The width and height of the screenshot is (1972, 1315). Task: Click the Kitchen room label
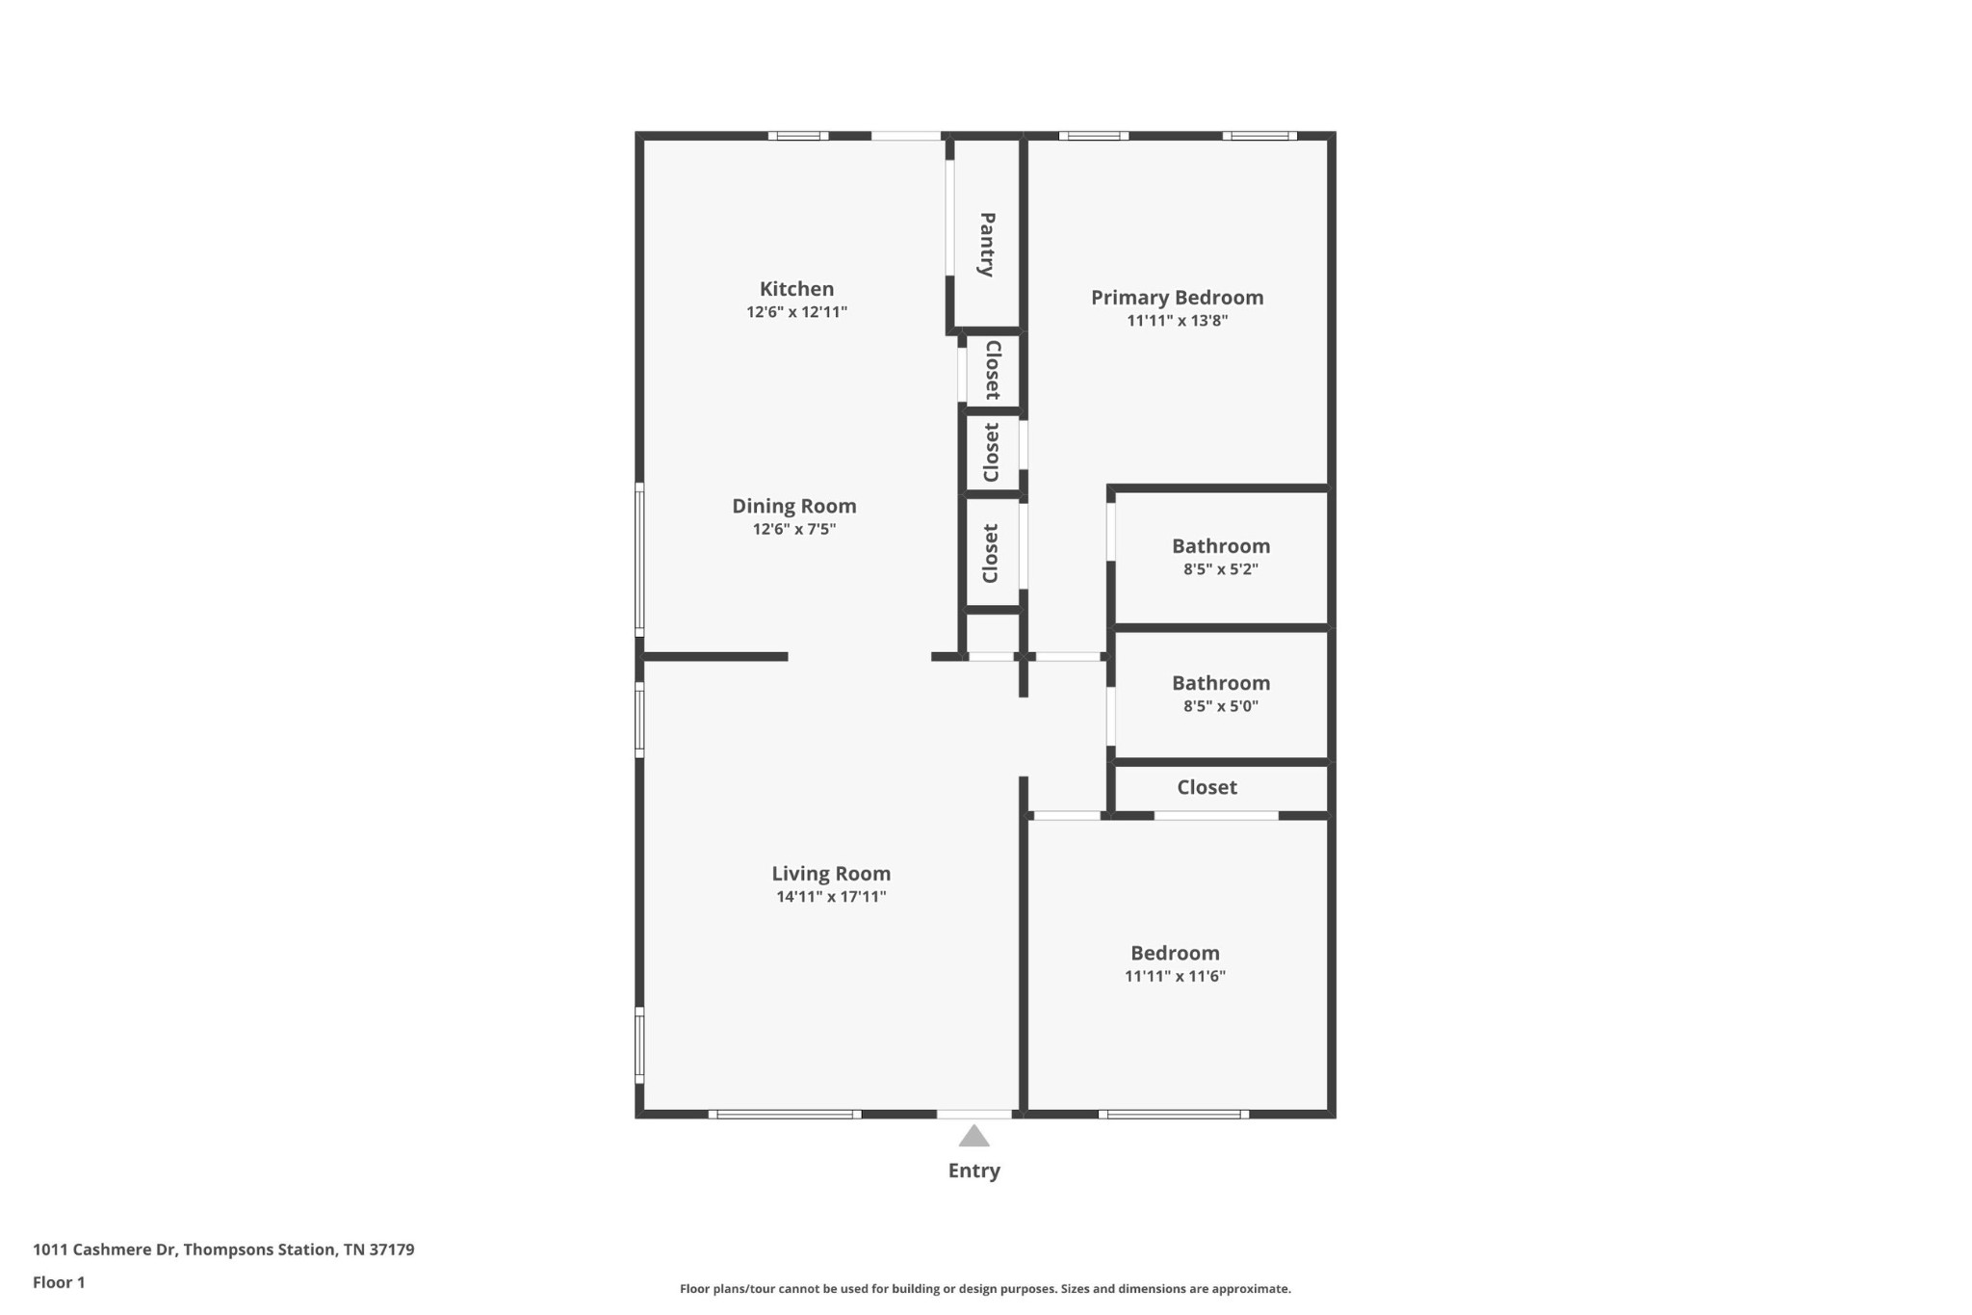[796, 288]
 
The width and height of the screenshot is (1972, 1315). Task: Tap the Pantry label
[987, 245]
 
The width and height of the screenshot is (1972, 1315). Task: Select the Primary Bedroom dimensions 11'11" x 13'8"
[1177, 321]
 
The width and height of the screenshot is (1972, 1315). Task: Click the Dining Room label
[793, 506]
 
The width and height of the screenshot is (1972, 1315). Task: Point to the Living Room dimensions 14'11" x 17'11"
[831, 897]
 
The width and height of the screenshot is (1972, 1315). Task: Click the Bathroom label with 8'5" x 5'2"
[1220, 546]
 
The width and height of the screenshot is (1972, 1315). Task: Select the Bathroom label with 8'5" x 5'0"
[1220, 683]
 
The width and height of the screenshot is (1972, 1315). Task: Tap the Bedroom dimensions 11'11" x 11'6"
[1175, 976]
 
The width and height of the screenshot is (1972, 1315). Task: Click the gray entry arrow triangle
[973, 1137]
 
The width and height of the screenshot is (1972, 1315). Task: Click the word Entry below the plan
[973, 1170]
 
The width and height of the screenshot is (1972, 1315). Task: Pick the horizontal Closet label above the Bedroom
[1207, 787]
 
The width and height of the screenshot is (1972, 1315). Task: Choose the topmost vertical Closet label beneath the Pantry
[993, 370]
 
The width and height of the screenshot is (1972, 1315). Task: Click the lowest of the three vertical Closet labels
[991, 554]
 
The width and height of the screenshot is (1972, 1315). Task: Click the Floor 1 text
[59, 1282]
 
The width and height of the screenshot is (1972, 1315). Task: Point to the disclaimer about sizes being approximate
[985, 1289]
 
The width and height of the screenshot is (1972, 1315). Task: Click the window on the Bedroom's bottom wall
[1173, 1115]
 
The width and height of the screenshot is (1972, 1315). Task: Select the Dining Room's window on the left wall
[639, 560]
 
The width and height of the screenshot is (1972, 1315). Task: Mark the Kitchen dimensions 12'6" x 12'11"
[796, 312]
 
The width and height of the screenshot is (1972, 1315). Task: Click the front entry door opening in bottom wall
[973, 1115]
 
